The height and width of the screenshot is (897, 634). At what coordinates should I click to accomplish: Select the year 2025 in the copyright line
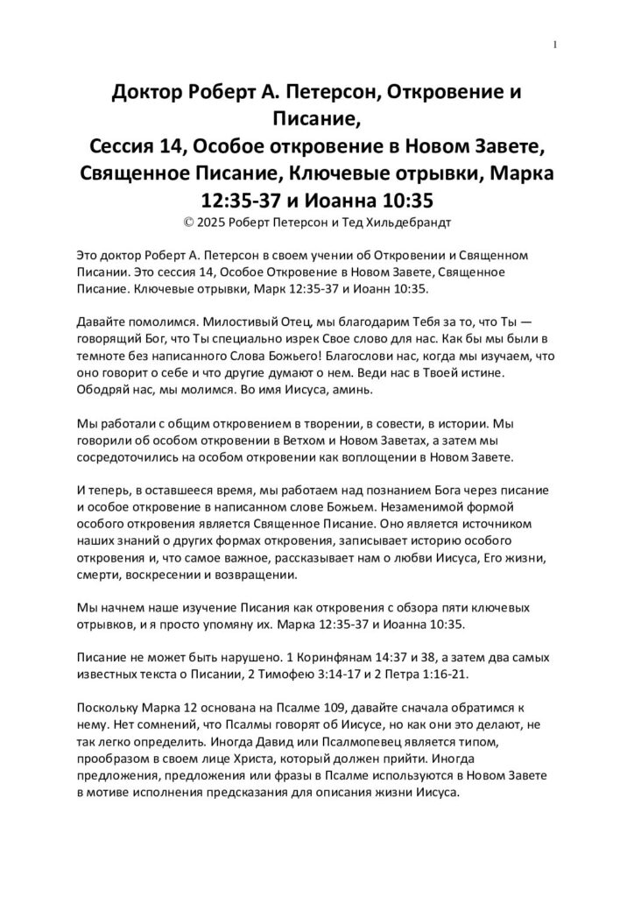click(213, 223)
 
